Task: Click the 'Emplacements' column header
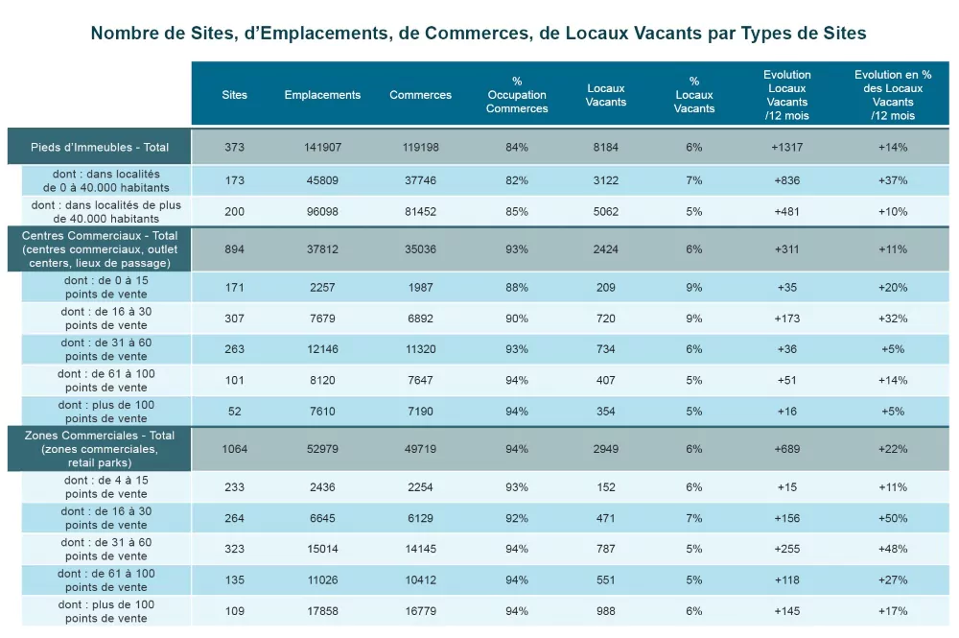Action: click(x=322, y=95)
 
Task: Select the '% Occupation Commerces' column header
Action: click(x=517, y=95)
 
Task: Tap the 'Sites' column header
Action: click(x=234, y=95)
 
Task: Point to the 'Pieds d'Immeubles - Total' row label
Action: click(x=100, y=147)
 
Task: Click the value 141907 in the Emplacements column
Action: click(x=322, y=147)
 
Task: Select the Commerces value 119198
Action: click(x=420, y=147)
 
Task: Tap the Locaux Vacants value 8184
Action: click(x=606, y=147)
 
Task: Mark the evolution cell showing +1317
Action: click(x=787, y=147)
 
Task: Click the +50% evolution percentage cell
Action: click(x=893, y=518)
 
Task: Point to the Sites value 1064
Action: click(x=234, y=449)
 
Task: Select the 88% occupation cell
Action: click(x=517, y=287)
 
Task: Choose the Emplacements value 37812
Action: click(x=322, y=249)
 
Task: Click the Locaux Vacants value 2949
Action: click(x=606, y=449)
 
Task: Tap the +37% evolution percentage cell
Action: click(x=893, y=180)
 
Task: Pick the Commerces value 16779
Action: click(x=420, y=611)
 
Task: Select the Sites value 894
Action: click(x=234, y=249)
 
